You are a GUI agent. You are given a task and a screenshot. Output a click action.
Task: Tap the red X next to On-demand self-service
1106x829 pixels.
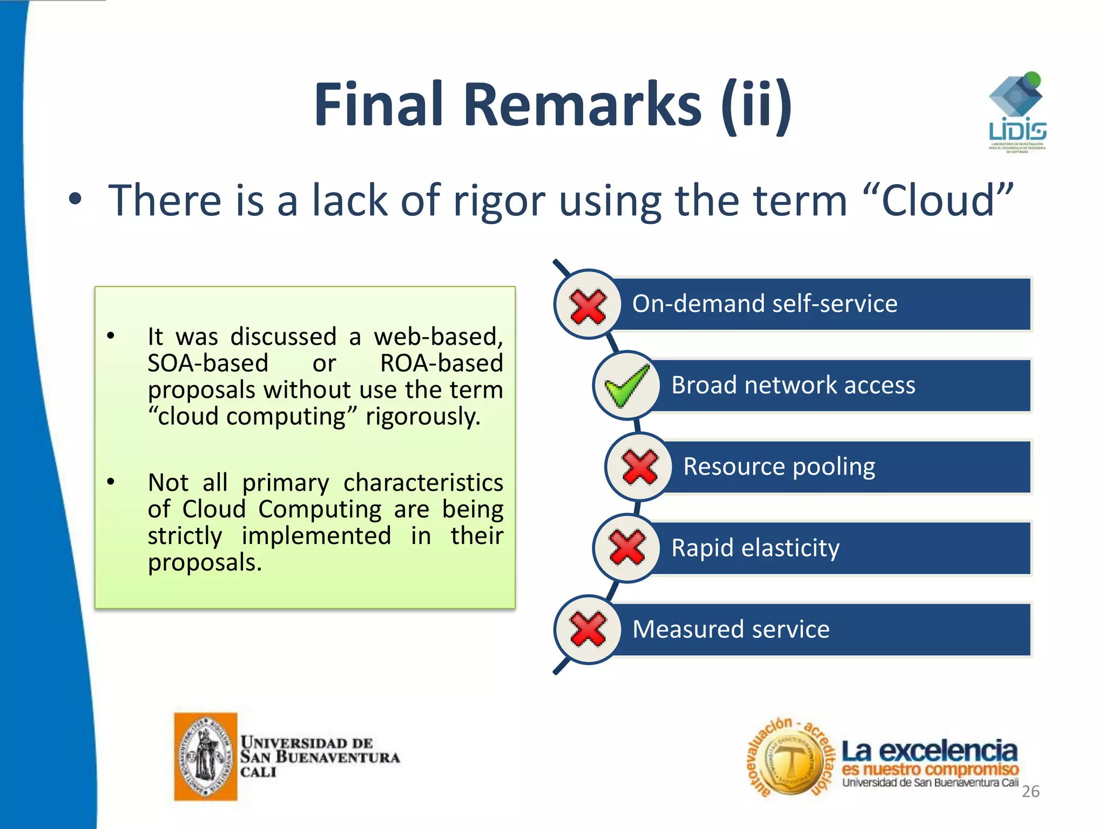click(x=588, y=306)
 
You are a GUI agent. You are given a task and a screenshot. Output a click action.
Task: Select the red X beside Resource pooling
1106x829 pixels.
click(x=639, y=467)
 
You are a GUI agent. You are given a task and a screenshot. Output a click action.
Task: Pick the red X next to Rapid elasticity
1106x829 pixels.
click(x=627, y=548)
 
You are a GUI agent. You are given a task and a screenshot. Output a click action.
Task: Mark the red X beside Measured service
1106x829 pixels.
click(x=588, y=629)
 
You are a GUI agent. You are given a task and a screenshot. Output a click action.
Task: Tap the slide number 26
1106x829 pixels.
click(x=1030, y=791)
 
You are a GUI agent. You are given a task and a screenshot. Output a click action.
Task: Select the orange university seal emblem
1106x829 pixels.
click(x=205, y=756)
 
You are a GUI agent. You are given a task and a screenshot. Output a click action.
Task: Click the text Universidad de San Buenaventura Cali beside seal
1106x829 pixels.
click(x=319, y=757)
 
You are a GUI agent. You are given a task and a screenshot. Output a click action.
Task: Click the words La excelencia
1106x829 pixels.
click(x=929, y=751)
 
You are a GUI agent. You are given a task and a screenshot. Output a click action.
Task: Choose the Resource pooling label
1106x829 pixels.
click(x=779, y=467)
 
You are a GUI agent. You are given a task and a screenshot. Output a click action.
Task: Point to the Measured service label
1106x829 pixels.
click(x=731, y=629)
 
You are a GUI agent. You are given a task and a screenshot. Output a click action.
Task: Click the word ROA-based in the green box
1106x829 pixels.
click(x=441, y=363)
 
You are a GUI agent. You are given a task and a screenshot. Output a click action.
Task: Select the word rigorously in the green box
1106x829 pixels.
click(x=422, y=417)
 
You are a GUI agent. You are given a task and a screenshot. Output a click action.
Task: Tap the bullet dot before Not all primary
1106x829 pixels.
click(x=111, y=481)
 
